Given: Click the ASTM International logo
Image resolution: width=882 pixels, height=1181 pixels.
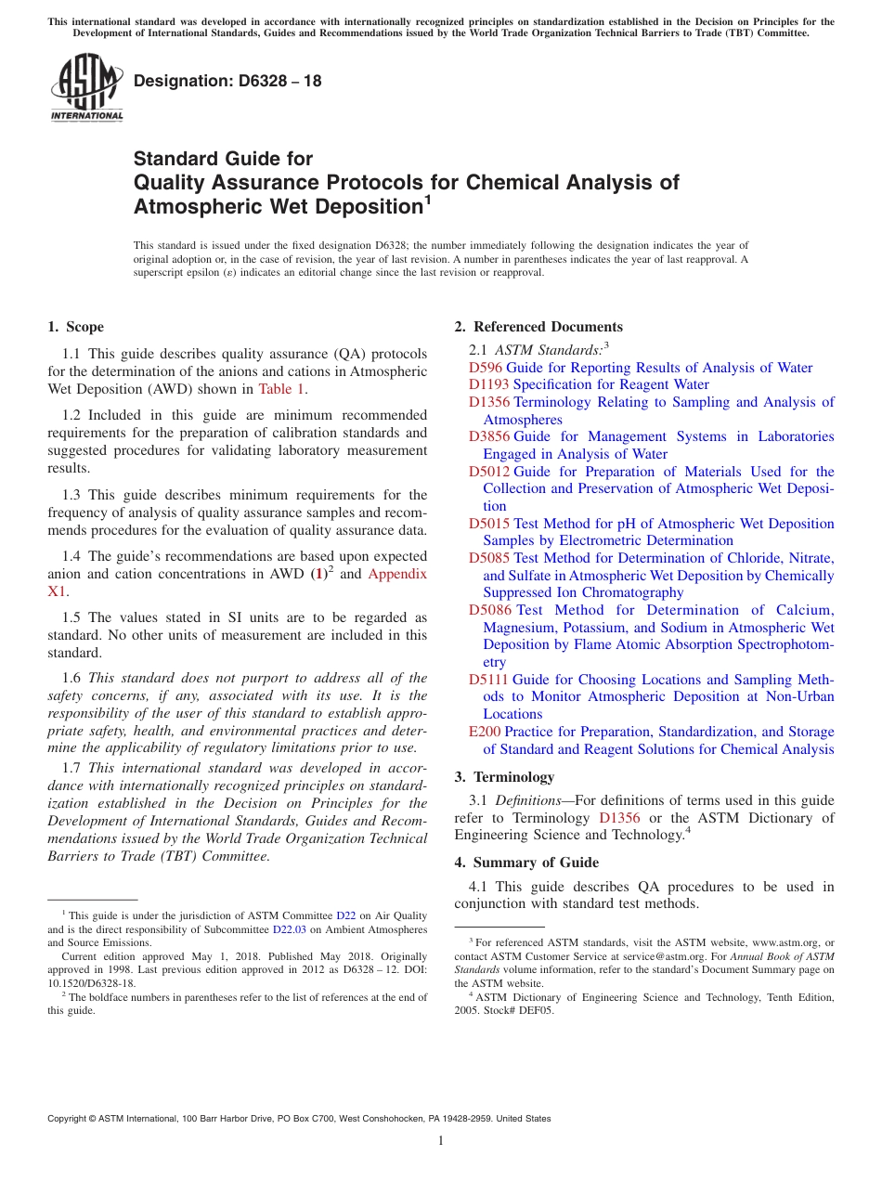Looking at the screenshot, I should (x=86, y=89).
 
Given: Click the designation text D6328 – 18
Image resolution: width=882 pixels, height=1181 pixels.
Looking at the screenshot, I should (x=227, y=81).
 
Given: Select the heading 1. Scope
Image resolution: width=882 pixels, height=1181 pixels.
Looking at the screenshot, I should (x=76, y=327).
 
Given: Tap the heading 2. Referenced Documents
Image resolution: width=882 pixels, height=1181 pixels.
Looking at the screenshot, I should (x=538, y=327).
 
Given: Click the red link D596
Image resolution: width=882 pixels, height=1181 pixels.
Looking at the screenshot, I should (x=485, y=368).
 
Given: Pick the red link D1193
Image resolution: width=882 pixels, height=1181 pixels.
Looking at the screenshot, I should (x=488, y=384).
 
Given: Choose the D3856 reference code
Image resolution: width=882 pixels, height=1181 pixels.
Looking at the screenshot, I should (x=488, y=436).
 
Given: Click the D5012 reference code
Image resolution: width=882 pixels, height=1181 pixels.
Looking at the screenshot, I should (x=488, y=472).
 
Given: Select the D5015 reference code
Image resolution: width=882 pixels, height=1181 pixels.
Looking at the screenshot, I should (x=488, y=524).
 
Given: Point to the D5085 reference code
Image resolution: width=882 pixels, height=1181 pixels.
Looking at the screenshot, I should (x=488, y=558).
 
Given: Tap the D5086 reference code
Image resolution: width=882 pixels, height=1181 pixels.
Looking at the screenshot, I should (x=488, y=610).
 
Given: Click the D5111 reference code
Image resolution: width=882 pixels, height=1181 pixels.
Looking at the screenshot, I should (x=488, y=680).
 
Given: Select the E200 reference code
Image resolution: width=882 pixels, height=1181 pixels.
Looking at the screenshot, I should (x=485, y=732).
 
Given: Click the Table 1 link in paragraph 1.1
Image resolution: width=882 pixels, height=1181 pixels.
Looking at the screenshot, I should (x=281, y=389).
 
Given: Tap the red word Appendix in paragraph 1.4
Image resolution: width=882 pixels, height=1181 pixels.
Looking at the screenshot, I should (x=397, y=574).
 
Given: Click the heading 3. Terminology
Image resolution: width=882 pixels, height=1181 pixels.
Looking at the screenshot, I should (x=504, y=777).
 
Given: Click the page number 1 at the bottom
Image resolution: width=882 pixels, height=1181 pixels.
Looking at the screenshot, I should (x=441, y=1141).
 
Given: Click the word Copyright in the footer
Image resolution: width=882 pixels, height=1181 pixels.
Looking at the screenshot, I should (x=68, y=1119).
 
